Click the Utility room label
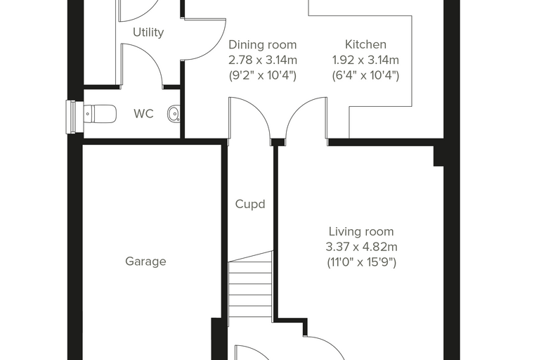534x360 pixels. coord(148,32)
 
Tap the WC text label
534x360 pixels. coord(144,113)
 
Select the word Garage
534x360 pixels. coord(145,262)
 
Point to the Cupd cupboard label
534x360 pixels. coord(250,204)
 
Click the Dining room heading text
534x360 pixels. coord(263,45)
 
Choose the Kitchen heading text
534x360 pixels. coord(365,44)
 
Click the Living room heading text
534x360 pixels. coord(361,231)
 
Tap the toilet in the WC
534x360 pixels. coord(100,113)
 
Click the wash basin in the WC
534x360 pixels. coord(174,113)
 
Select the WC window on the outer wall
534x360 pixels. coord(71,117)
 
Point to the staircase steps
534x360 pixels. coord(250,284)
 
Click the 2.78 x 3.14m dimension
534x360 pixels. coord(263,60)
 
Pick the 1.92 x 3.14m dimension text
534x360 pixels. coord(365,60)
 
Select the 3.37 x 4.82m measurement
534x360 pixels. coord(361,247)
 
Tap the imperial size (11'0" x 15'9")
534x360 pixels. coord(361,262)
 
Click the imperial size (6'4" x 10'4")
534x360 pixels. coord(365,75)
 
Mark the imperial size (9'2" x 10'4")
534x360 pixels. coord(263,75)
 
